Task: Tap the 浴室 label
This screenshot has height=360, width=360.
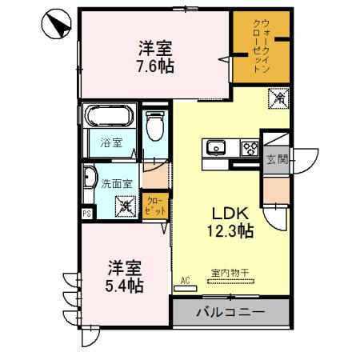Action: coord(110,143)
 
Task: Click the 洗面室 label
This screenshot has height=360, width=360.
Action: coord(116,182)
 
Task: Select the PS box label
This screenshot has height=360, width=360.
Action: coord(86,214)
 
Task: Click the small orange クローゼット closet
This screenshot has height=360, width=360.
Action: coord(155,205)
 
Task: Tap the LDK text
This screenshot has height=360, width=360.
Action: coord(231,214)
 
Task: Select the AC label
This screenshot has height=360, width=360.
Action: coord(185,280)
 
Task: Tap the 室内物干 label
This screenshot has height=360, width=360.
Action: coord(230,273)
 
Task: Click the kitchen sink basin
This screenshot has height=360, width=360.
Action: coord(216,147)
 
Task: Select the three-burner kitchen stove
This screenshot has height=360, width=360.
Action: coord(249,147)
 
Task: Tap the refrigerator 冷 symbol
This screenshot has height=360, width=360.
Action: coord(279,99)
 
